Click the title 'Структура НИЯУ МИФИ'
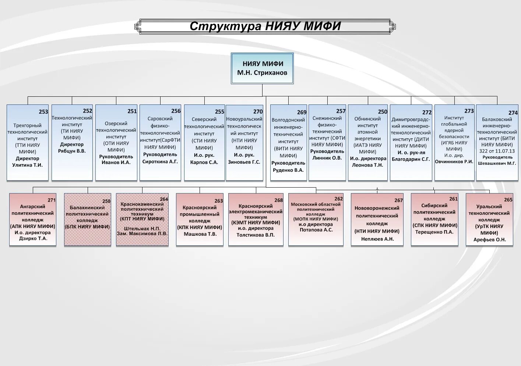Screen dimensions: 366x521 [265, 26]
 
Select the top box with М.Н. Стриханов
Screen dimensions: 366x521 [262, 68]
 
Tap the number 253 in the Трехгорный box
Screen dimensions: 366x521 [43, 111]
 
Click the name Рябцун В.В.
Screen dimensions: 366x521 [72, 151]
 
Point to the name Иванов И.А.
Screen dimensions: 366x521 [116, 163]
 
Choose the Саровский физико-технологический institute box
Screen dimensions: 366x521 [160, 143]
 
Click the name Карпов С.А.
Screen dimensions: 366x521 [204, 162]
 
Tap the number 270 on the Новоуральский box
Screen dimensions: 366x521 [258, 111]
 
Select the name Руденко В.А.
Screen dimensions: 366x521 [288, 170]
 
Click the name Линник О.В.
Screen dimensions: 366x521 [327, 158]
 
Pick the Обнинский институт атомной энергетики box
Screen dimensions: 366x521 [367, 143]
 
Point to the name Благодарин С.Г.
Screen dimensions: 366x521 [411, 159]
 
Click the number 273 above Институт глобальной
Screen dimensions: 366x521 [469, 111]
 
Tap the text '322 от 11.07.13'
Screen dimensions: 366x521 [497, 151]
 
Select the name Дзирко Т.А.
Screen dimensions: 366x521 [33, 238]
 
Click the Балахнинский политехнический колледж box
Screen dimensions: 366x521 [88, 220]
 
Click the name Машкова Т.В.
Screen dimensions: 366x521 [200, 234]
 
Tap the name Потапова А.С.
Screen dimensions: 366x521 [316, 230]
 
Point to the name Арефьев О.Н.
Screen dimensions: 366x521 [489, 240]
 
